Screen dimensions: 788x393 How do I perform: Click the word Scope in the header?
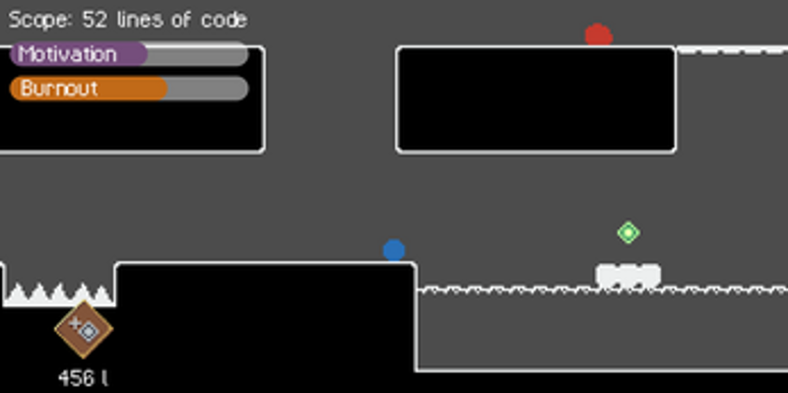click(x=33, y=20)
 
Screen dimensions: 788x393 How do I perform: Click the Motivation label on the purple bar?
click(x=67, y=54)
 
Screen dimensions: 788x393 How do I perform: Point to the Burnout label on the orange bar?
click(x=59, y=89)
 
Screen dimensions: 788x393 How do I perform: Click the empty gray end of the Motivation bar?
click(x=197, y=54)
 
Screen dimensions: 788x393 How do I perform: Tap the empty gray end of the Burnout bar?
click(x=207, y=89)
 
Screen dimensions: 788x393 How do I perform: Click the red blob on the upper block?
click(x=598, y=35)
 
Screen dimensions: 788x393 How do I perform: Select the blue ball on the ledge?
click(x=394, y=250)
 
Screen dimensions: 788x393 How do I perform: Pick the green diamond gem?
click(x=628, y=232)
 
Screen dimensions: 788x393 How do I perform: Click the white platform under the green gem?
click(x=628, y=275)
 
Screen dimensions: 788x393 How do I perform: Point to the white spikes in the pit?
click(x=59, y=294)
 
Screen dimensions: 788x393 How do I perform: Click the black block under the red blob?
click(x=536, y=99)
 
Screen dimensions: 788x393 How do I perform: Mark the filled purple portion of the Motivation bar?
click(x=79, y=54)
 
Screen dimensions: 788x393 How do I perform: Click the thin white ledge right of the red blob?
click(x=732, y=49)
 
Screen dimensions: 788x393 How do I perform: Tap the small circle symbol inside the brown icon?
click(x=88, y=332)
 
